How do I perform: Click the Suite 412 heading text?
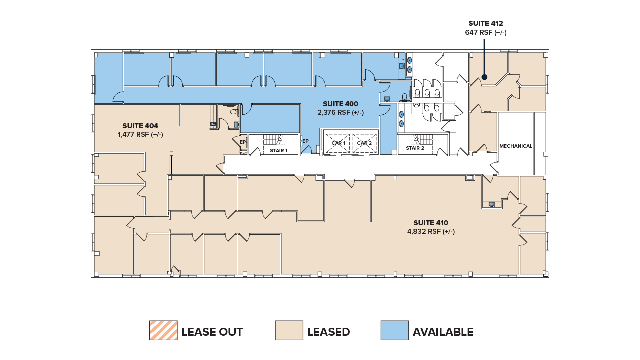tap(485, 23)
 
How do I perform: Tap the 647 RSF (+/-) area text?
tap(485, 33)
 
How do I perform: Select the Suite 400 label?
tap(340, 104)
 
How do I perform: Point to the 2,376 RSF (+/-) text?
tap(340, 113)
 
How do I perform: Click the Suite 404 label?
tap(140, 126)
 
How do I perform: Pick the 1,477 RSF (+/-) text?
tap(140, 135)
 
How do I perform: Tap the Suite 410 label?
tap(431, 223)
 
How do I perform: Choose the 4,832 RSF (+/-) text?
tap(431, 232)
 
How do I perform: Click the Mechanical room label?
tap(516, 146)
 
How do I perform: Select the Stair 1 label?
tap(278, 150)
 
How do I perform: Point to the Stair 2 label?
tap(415, 148)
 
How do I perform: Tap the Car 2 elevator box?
tap(364, 143)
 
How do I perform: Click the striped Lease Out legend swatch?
tap(163, 331)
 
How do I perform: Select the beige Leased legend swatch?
tap(289, 331)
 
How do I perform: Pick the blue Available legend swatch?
tap(394, 331)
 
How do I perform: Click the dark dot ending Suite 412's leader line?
tap(484, 77)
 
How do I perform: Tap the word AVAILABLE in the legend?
tap(443, 332)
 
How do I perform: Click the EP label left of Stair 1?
tap(243, 142)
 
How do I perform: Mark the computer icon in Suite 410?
tap(492, 204)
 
